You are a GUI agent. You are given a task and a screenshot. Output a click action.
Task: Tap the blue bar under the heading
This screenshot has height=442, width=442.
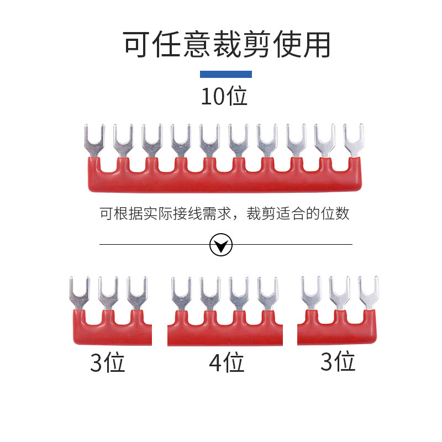(225, 74)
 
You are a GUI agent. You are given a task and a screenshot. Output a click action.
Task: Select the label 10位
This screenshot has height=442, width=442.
(223, 96)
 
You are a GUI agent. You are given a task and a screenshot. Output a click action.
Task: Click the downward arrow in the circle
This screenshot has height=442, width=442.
(222, 244)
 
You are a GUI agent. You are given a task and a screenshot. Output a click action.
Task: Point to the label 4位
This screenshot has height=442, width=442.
(226, 363)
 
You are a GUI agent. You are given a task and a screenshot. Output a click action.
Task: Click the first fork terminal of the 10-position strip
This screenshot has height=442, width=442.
(94, 140)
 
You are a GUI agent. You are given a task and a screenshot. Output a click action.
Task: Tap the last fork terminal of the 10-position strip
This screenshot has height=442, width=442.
(354, 139)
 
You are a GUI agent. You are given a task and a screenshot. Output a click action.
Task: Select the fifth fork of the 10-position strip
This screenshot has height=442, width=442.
(209, 140)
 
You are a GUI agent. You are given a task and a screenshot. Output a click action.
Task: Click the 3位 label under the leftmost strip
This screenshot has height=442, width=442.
(108, 363)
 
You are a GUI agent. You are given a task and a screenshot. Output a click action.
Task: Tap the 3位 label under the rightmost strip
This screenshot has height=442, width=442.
(338, 362)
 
